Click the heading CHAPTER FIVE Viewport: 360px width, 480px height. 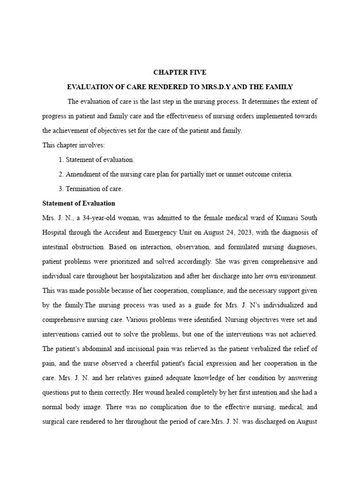[x=180, y=73]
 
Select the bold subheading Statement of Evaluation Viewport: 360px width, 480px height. [x=78, y=203]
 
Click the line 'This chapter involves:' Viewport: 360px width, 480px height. [x=73, y=145]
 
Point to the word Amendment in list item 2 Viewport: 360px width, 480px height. [x=82, y=174]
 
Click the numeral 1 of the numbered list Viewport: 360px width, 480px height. [x=61, y=160]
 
